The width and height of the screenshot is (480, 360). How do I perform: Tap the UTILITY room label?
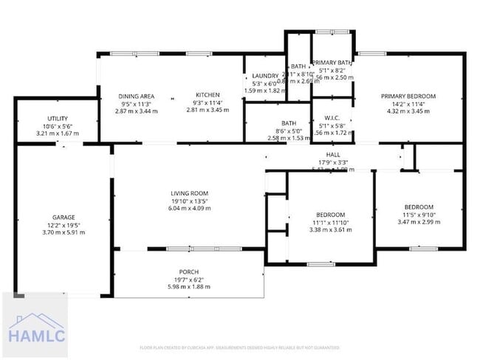click(57, 119)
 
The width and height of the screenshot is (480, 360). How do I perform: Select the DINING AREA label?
click(137, 96)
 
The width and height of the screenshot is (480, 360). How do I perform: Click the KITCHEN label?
click(208, 96)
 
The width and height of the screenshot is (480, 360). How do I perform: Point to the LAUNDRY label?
click(264, 76)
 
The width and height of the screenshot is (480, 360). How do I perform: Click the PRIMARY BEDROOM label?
click(408, 96)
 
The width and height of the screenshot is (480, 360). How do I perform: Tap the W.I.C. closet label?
click(331, 118)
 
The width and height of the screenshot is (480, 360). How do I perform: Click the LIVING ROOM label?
click(190, 193)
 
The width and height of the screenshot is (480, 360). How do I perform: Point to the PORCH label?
click(189, 272)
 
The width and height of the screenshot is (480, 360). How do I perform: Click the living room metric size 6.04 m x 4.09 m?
click(190, 208)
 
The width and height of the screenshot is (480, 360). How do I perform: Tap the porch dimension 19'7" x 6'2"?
click(189, 280)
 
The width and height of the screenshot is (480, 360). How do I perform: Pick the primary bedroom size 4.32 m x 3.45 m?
click(408, 111)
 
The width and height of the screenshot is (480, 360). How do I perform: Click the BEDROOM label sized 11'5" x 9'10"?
click(418, 207)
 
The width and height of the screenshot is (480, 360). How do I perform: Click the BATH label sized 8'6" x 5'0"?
click(288, 123)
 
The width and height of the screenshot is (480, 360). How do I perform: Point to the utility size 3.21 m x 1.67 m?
click(57, 134)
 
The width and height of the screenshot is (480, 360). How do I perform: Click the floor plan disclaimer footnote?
click(239, 347)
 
